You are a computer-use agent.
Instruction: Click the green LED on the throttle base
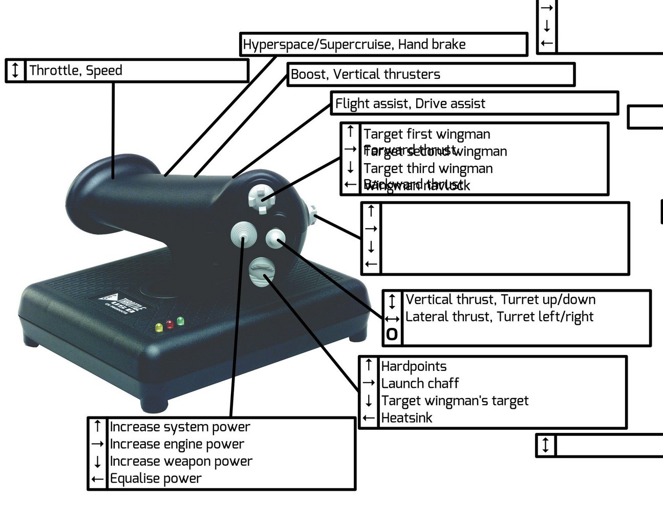[180, 321]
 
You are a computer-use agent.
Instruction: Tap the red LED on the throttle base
[169, 324]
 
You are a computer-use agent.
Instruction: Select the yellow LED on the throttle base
[159, 326]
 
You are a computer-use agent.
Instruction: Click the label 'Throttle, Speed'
[76, 71]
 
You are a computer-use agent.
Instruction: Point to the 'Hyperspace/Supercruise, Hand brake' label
[354, 45]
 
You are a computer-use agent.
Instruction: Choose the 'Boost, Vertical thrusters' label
[366, 75]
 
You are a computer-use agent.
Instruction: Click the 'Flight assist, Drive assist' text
[410, 104]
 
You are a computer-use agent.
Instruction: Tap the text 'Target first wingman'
[426, 135]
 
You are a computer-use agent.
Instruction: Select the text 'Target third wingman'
[428, 168]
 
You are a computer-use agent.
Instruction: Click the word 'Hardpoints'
[414, 366]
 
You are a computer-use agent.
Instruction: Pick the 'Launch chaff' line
[420, 383]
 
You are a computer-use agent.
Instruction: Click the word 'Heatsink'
[407, 418]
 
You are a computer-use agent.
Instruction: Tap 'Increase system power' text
[180, 427]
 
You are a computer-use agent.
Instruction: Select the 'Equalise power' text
[156, 479]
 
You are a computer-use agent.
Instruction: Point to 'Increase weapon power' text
[181, 462]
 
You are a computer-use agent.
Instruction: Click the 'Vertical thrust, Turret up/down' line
[500, 300]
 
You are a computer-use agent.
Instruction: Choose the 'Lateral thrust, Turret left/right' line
[499, 317]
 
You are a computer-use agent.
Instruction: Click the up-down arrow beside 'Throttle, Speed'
[15, 70]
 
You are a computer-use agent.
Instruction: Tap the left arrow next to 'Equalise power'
[97, 479]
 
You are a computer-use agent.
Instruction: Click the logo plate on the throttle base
[122, 305]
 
